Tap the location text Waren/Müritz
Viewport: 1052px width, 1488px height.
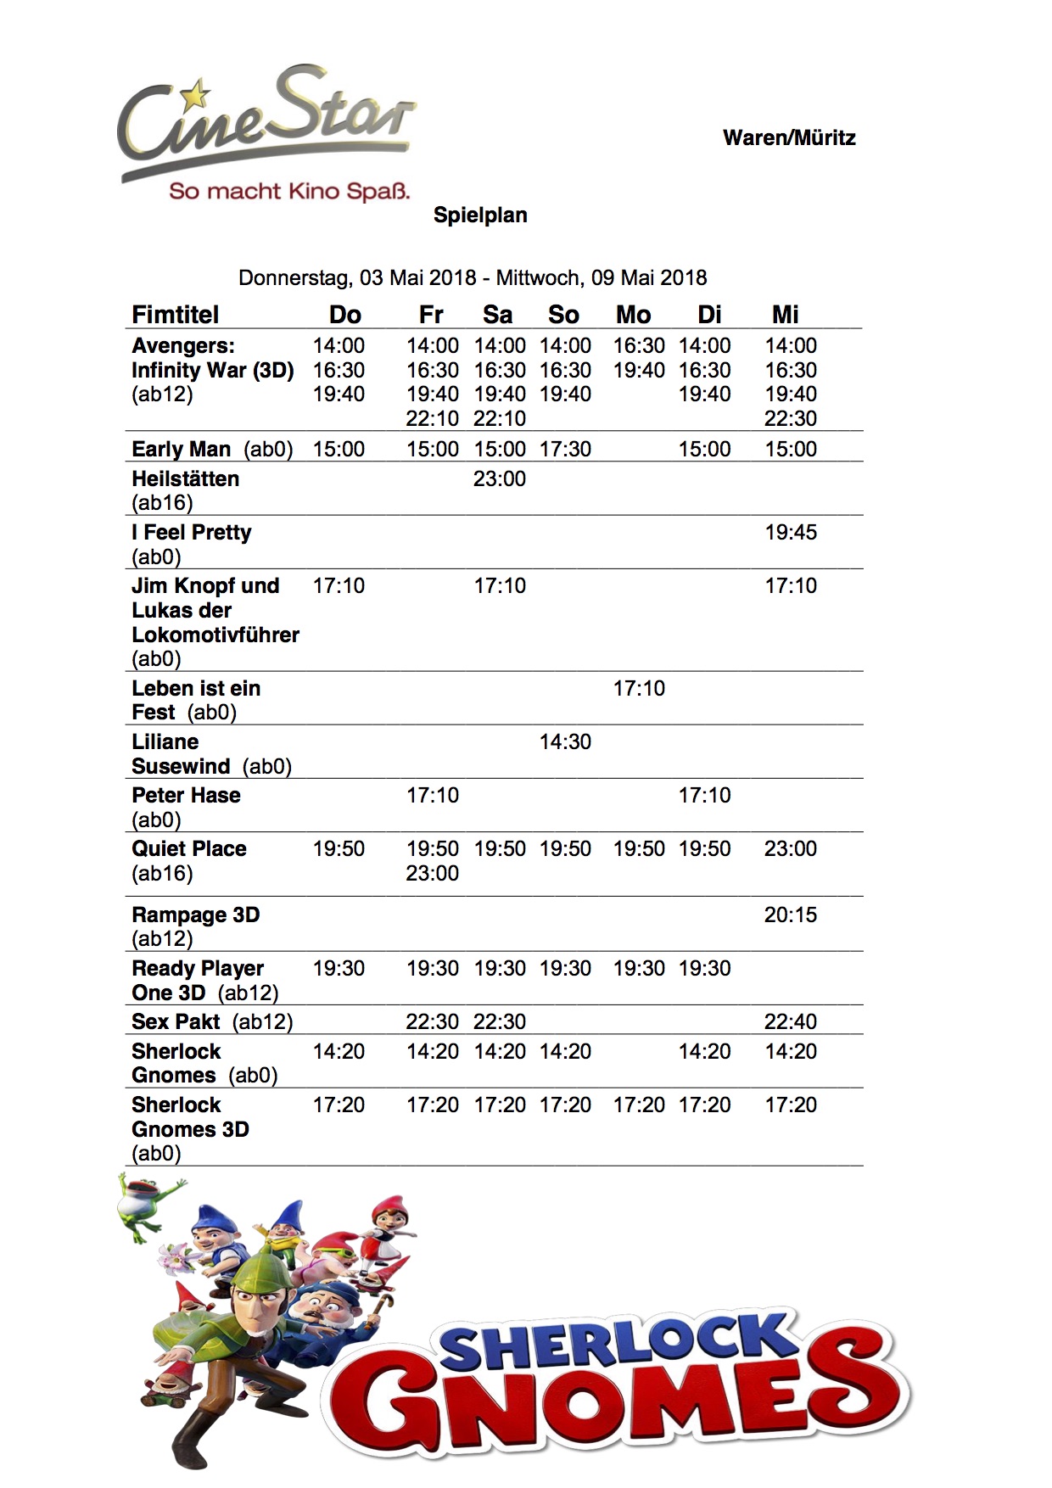789,138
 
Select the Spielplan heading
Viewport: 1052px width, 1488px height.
480,215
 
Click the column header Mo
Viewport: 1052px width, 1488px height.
633,315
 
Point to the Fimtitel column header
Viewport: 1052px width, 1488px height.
175,315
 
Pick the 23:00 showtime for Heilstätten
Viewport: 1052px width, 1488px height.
500,479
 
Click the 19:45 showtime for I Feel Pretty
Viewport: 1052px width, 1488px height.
791,533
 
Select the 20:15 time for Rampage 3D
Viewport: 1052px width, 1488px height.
791,915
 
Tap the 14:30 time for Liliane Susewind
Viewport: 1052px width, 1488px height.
565,741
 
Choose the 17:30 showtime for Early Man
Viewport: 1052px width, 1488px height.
565,449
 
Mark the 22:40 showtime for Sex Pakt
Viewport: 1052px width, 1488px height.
791,1021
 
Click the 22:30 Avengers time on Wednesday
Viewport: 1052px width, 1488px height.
791,418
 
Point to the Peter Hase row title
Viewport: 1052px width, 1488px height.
186,796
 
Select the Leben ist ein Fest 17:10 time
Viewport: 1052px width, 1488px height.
639,688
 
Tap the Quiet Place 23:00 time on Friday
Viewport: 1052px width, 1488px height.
432,873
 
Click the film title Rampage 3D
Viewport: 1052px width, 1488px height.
195,915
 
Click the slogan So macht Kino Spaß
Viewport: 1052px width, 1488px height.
289,191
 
